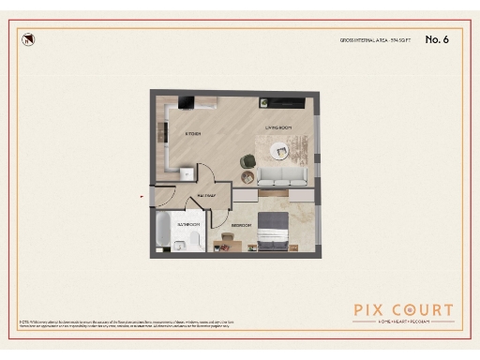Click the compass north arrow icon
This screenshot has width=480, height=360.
click(x=31, y=38)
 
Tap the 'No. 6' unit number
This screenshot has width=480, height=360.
click(x=437, y=39)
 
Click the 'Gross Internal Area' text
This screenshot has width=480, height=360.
click(x=379, y=40)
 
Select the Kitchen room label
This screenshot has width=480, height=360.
click(x=192, y=134)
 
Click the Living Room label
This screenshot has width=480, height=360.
click(x=279, y=127)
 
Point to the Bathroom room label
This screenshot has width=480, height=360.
click(x=188, y=225)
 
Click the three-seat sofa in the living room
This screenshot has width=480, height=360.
click(x=283, y=175)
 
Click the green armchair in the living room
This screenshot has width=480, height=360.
click(x=248, y=161)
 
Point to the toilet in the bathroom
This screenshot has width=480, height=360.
click(x=194, y=240)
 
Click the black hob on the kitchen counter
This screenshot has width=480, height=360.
click(x=187, y=101)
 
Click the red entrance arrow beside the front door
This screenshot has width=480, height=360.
click(x=142, y=197)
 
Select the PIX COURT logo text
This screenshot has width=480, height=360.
click(x=403, y=309)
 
